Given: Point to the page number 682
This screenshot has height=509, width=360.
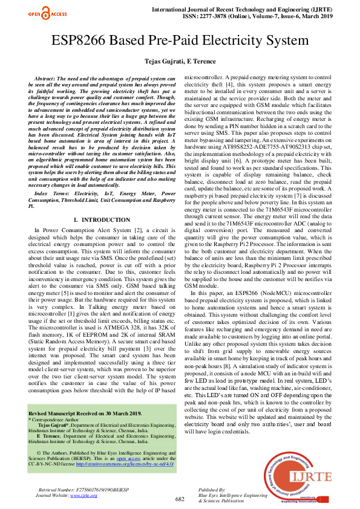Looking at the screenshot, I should coord(180,499).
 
